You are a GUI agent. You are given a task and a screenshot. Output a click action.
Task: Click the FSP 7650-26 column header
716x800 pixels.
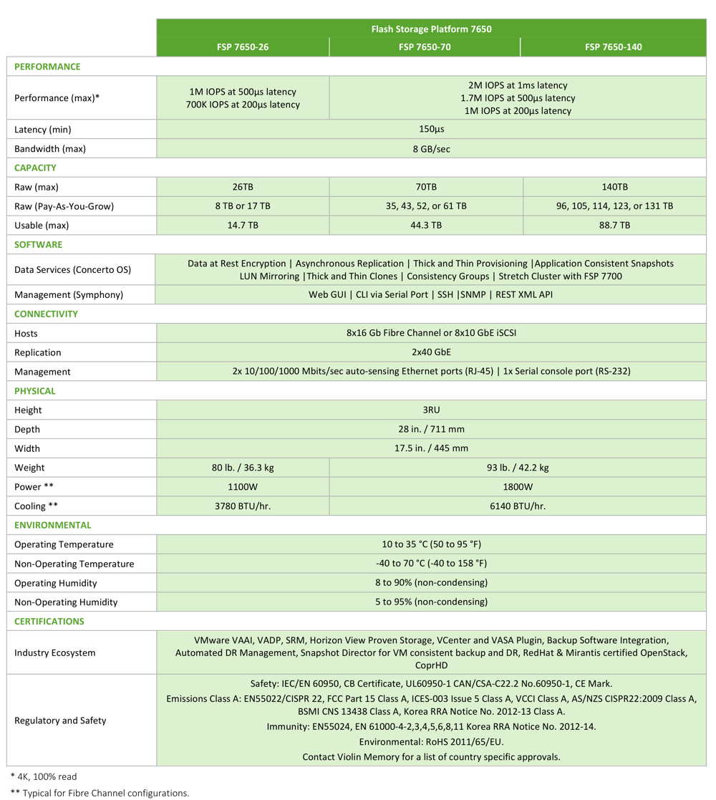click(243, 47)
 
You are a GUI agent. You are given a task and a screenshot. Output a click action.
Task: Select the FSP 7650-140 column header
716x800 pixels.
click(613, 47)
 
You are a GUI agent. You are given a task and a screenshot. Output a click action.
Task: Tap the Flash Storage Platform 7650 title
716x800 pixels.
click(431, 29)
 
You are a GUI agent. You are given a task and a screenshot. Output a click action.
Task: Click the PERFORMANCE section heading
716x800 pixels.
click(47, 67)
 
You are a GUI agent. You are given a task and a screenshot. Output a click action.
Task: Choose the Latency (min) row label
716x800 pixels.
click(43, 130)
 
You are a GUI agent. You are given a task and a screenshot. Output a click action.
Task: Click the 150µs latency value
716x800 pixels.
click(431, 130)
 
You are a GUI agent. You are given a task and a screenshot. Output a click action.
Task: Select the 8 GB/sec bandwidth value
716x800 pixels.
click(431, 149)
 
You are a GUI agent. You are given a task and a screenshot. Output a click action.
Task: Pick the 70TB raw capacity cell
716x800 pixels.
click(426, 187)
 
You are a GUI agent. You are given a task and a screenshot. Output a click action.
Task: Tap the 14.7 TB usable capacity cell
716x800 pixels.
click(243, 225)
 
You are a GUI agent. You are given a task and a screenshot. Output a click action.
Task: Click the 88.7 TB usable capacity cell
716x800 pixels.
click(614, 225)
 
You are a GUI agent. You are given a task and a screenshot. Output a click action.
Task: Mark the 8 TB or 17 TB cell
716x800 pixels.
click(243, 206)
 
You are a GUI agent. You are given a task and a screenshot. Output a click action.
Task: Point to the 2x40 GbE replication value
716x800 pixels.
click(431, 352)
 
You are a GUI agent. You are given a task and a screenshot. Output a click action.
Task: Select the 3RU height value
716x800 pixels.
click(431, 410)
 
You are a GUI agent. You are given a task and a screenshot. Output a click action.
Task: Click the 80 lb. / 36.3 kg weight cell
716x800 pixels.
click(243, 468)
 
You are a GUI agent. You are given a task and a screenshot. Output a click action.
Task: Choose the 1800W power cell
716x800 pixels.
click(517, 487)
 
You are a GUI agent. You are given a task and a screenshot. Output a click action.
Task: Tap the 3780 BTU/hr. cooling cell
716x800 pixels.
click(243, 506)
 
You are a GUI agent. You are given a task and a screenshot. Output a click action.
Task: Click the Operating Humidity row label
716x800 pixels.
click(56, 583)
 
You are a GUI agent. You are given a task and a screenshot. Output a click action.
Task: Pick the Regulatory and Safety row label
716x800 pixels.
click(60, 721)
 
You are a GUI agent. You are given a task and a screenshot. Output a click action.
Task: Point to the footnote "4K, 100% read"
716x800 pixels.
click(44, 776)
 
